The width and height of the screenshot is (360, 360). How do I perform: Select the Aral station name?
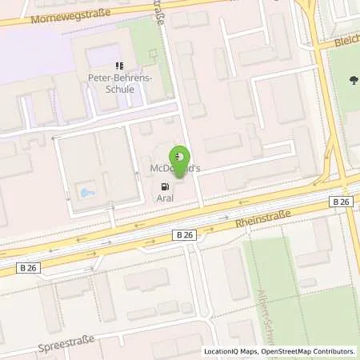point(165,198)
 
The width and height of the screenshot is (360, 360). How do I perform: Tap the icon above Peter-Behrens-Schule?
point(119,66)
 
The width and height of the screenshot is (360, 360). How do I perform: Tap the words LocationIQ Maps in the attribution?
point(230,351)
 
